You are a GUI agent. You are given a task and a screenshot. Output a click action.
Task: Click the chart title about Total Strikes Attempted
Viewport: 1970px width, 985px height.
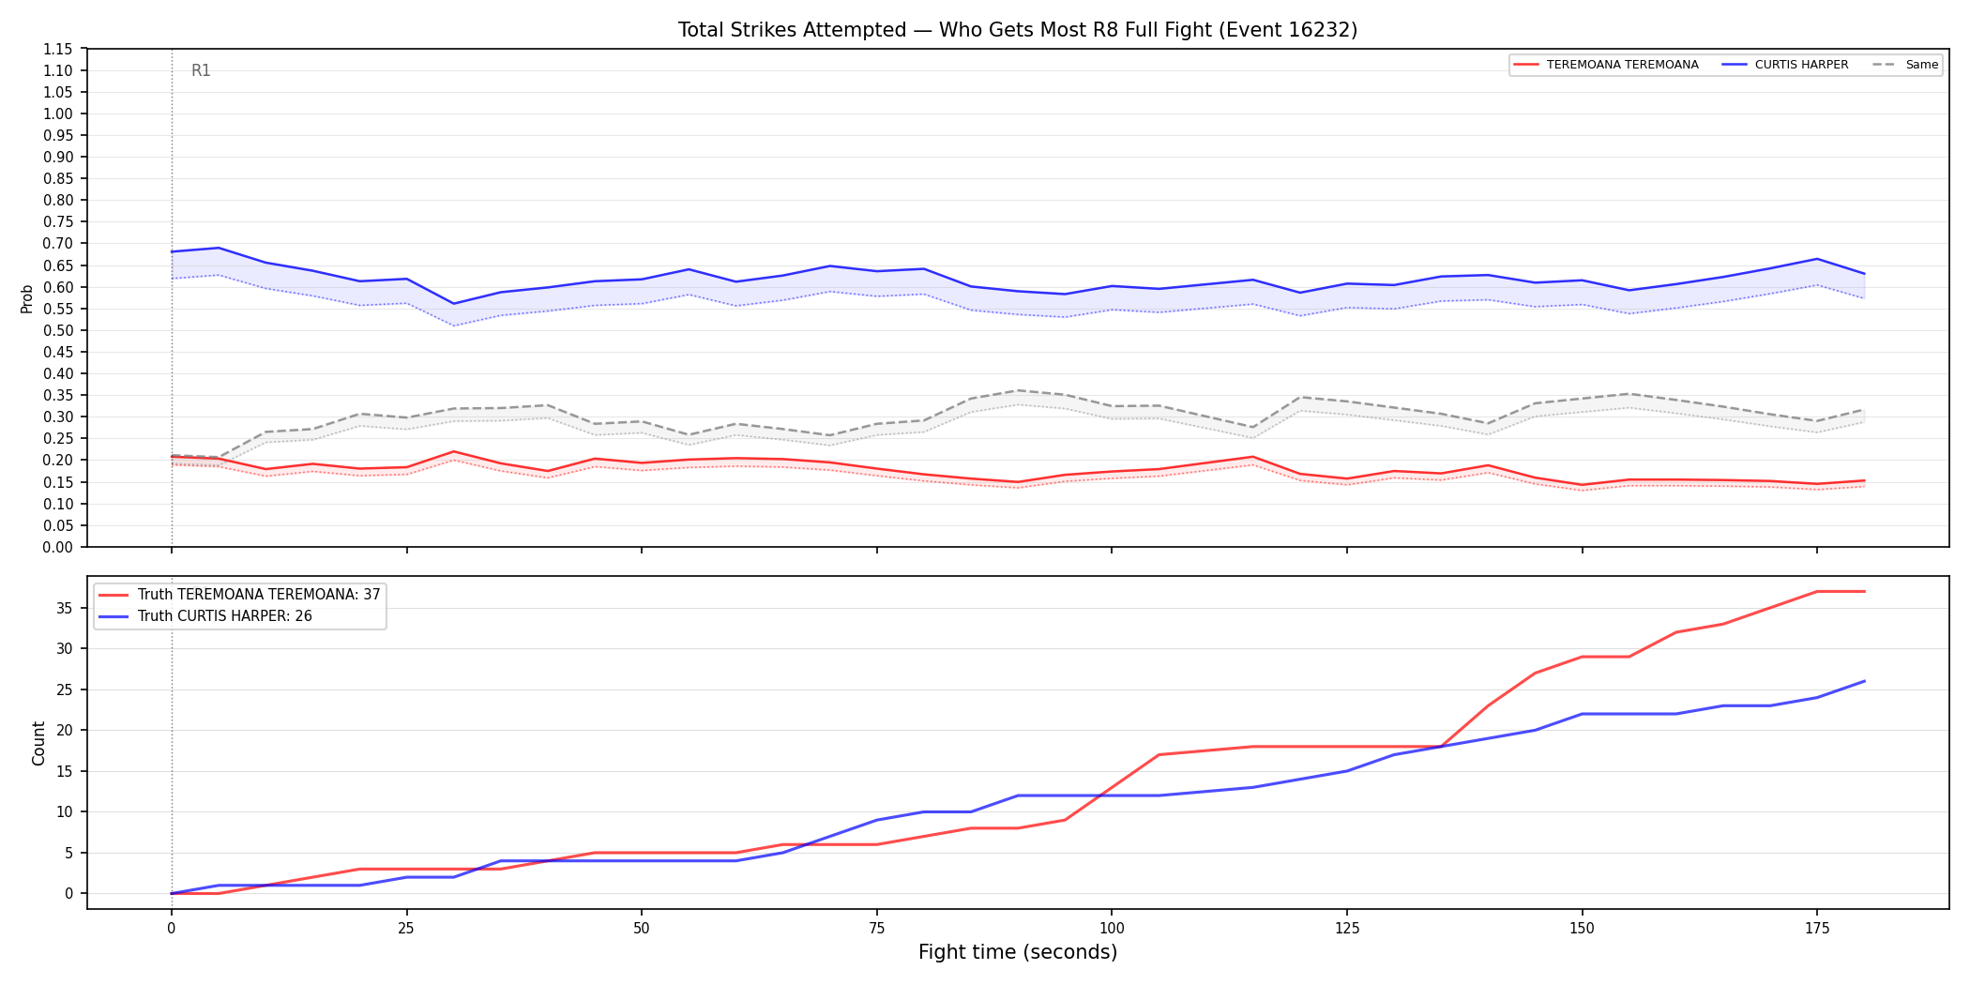(x=1018, y=30)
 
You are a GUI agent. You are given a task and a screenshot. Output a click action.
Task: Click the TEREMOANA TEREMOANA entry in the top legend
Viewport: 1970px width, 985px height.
(x=1606, y=65)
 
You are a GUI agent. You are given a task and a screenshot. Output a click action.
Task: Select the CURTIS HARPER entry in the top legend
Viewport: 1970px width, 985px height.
(x=1785, y=65)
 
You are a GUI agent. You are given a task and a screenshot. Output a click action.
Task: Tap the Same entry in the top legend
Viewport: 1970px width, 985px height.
(x=1906, y=65)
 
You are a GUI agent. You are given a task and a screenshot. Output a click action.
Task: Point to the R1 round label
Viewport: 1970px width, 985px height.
(x=201, y=70)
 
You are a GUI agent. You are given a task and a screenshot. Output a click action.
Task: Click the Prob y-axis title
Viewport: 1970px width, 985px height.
(x=27, y=298)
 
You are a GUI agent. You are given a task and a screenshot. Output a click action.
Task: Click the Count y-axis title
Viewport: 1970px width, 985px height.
(x=38, y=743)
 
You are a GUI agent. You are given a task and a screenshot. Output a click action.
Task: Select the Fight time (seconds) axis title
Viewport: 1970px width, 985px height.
(x=1018, y=952)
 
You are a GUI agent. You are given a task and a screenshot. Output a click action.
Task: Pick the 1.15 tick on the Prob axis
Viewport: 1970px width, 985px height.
(x=58, y=49)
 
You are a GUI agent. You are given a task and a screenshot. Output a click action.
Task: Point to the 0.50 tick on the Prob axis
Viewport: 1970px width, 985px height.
(x=58, y=330)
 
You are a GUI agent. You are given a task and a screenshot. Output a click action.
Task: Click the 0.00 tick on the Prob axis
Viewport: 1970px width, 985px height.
(x=58, y=547)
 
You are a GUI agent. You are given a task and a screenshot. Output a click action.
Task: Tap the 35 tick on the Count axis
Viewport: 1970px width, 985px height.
(x=65, y=608)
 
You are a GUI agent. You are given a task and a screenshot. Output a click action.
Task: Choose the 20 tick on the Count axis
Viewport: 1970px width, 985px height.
(x=65, y=730)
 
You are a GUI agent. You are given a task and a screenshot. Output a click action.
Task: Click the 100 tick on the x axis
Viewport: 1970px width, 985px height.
(x=1112, y=929)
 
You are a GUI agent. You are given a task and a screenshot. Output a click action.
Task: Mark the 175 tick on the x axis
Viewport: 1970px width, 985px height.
(x=1817, y=929)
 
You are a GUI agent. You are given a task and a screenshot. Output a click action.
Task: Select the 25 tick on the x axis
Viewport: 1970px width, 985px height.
(x=406, y=929)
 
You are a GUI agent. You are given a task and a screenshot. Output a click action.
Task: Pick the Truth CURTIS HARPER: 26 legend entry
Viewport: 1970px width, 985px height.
(x=205, y=616)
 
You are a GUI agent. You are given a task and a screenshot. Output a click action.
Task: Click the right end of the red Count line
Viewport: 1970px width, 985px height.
(x=1864, y=591)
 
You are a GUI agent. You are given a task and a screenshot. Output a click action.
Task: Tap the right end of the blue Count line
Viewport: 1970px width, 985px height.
(x=1864, y=681)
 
